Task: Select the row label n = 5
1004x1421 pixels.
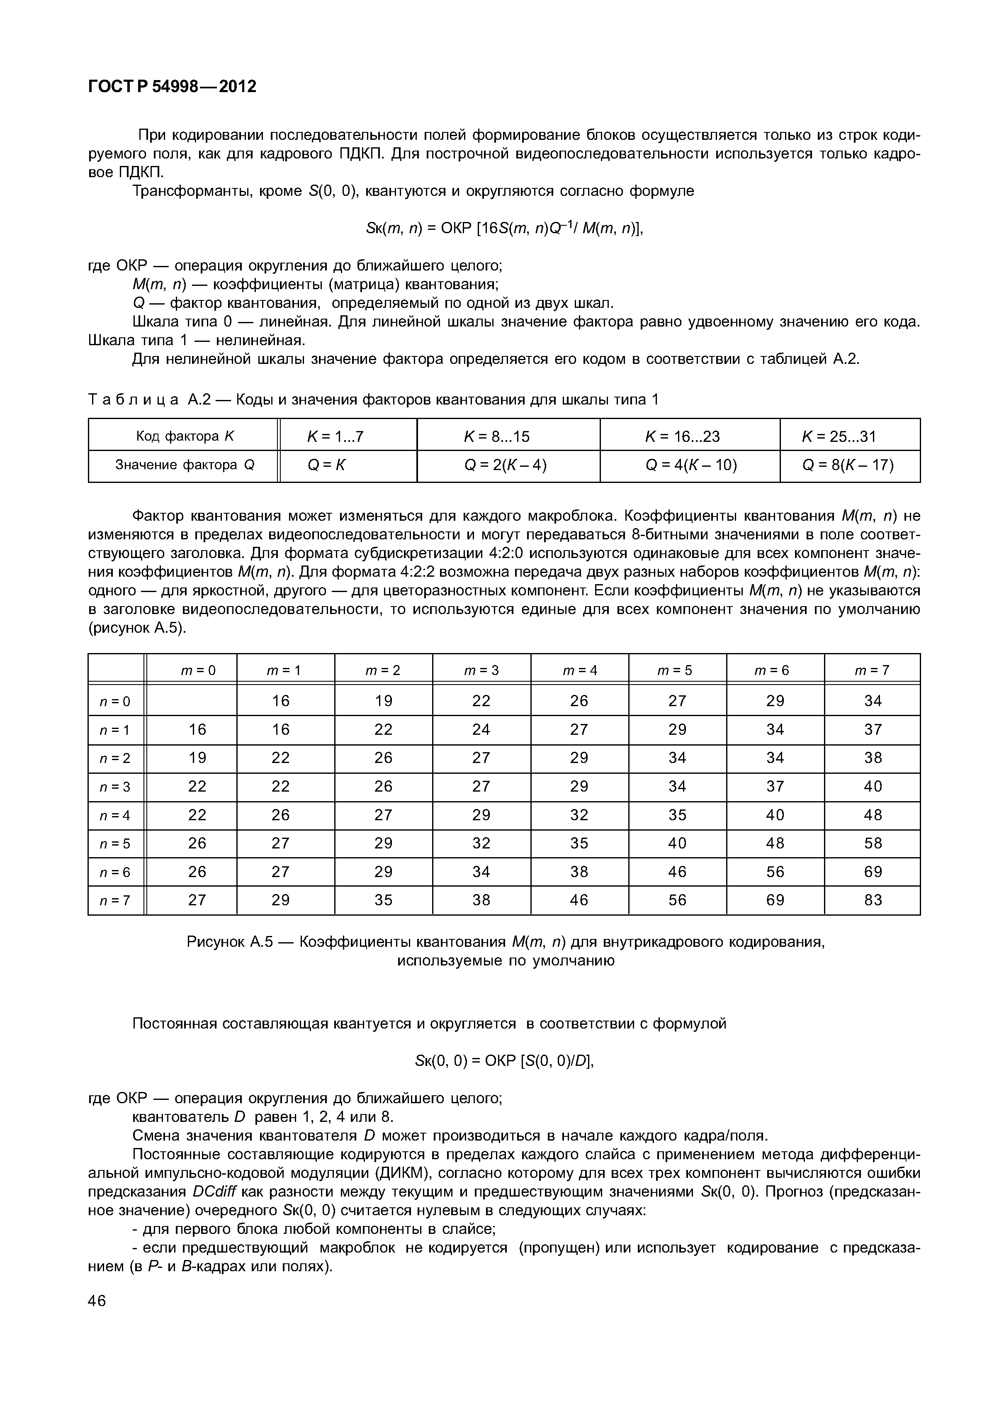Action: tap(115, 843)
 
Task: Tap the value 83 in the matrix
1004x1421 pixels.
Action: tap(873, 900)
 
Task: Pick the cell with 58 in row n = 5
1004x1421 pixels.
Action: tap(873, 843)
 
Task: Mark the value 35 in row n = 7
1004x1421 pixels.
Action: tap(384, 900)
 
